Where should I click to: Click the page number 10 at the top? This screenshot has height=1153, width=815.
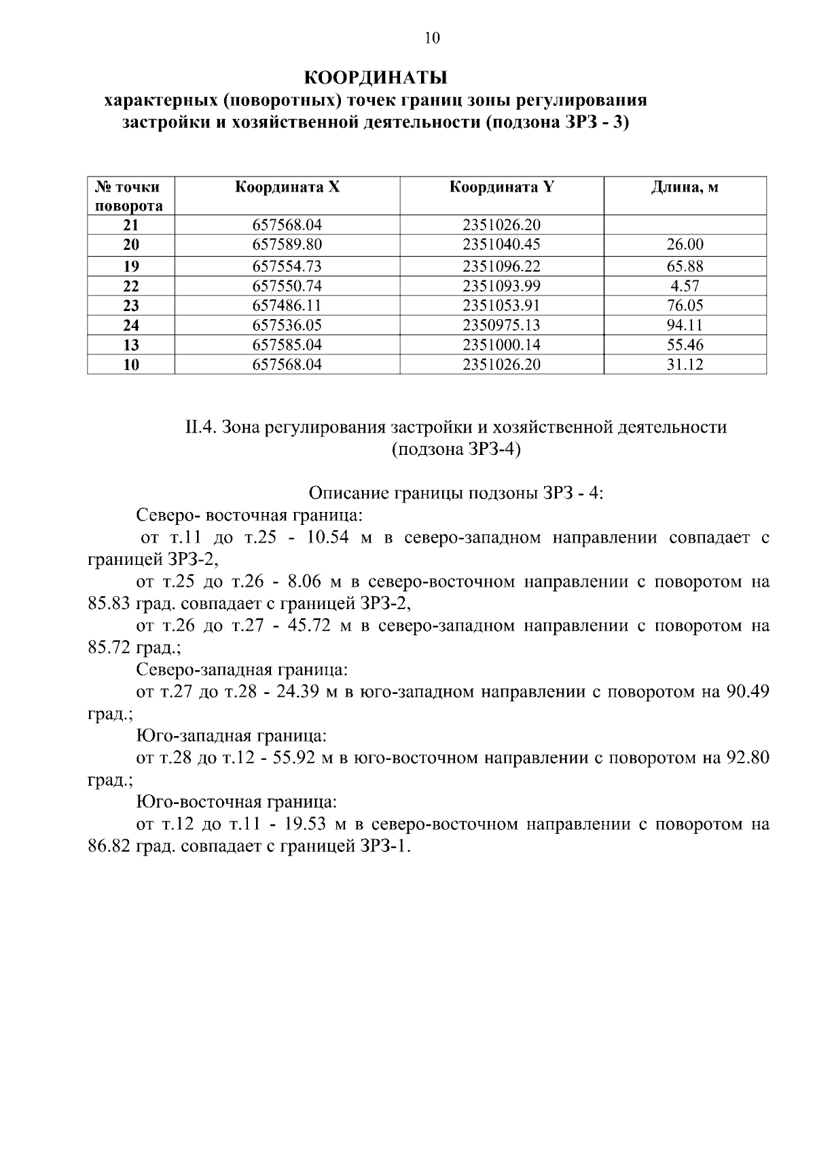432,38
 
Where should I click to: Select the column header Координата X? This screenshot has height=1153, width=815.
287,187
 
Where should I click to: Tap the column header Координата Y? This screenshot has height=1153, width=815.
501,187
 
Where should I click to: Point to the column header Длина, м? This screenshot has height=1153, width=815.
685,187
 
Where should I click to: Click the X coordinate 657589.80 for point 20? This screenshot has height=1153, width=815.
287,244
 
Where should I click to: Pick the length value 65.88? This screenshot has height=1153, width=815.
685,266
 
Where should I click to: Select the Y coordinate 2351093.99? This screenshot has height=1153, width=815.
501,286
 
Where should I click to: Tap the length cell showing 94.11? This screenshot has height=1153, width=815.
685,325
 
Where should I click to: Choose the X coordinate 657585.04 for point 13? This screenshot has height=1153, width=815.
287,345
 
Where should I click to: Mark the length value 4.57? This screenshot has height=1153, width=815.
685,286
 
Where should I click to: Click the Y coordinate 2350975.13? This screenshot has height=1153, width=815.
501,325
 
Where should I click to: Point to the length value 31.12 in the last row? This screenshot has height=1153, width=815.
685,365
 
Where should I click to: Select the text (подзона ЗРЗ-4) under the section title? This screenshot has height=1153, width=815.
456,450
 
